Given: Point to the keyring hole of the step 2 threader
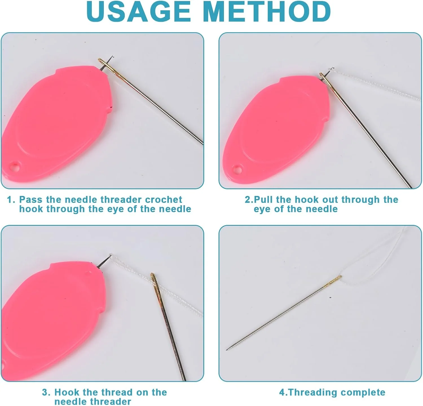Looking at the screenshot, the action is (x=237, y=170).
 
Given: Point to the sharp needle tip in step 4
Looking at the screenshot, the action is (x=227, y=349).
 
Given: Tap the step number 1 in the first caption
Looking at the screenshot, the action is (x=10, y=200).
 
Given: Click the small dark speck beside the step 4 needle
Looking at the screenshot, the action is (x=330, y=297).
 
